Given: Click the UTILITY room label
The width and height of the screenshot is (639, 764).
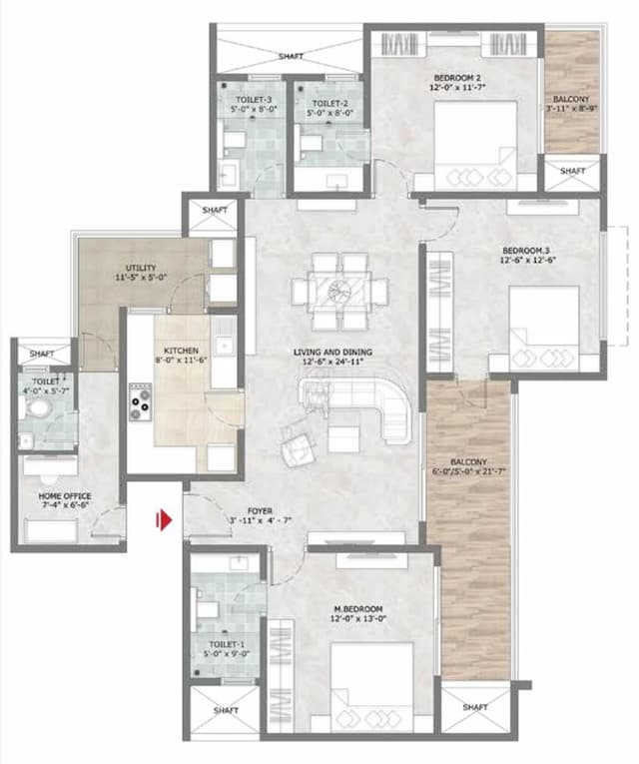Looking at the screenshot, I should pos(140,269).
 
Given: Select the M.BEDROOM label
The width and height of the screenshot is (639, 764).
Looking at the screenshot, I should pos(359,608).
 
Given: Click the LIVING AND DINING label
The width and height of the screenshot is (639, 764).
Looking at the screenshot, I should pos(332,352).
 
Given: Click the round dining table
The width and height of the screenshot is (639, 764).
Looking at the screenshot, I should pos(339,290).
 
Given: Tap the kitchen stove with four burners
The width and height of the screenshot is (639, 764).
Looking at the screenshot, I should pos(138,399).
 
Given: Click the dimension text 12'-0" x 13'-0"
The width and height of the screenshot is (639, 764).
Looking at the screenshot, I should pos(359,620).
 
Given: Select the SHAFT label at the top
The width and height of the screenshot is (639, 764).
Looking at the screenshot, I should pos(291,56).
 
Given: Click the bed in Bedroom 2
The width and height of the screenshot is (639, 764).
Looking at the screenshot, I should pos(476,143).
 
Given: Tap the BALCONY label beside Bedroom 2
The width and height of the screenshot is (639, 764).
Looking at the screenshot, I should pos(570,99).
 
